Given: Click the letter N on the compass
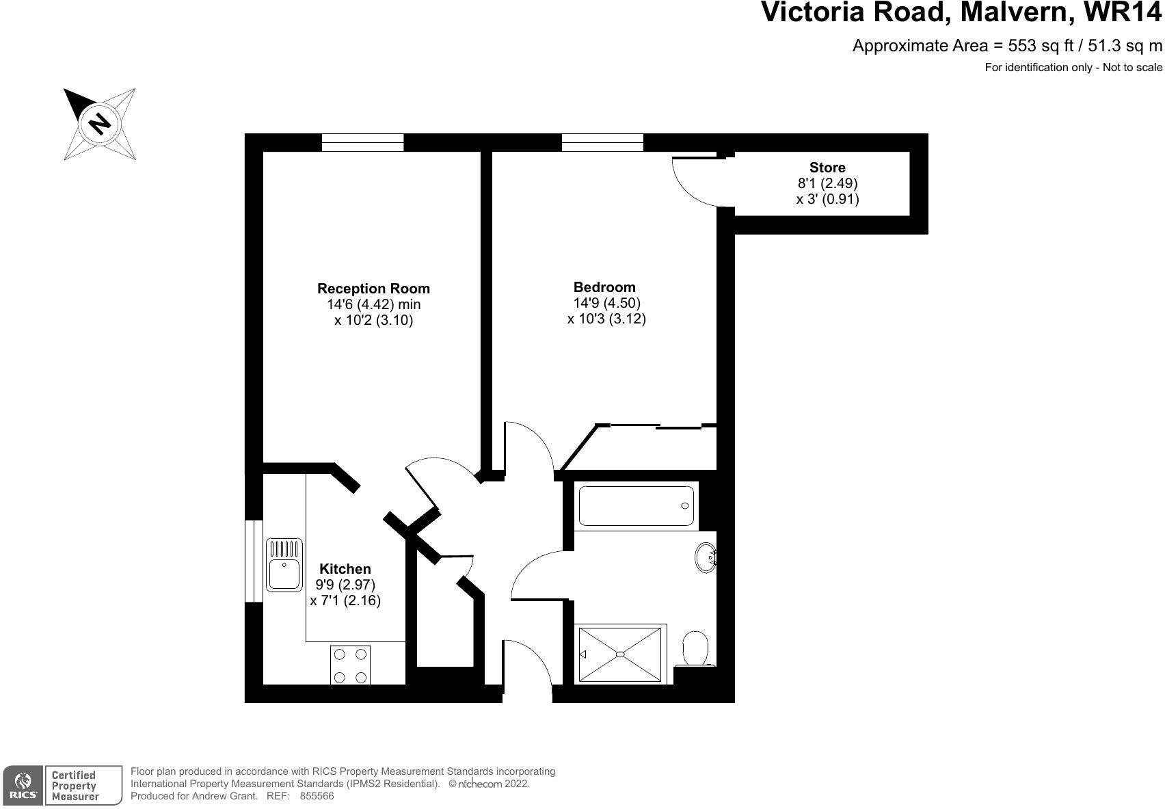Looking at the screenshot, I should click(100, 123).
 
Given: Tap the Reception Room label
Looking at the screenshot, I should click(373, 289).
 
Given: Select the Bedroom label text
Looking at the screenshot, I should click(604, 287).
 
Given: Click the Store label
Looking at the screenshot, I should click(827, 168).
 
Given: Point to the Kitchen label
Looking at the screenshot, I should click(345, 569).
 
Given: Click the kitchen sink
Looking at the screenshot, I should click(284, 565).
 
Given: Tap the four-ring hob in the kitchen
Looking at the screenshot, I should click(351, 665).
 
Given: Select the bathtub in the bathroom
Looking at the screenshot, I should click(636, 506).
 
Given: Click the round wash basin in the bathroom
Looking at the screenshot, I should click(706, 557).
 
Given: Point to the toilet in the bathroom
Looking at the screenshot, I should click(695, 648).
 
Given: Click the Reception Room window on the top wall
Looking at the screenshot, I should click(362, 142).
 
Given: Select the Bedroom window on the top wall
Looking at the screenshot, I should click(602, 142).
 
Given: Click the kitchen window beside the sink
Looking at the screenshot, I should click(254, 561).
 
